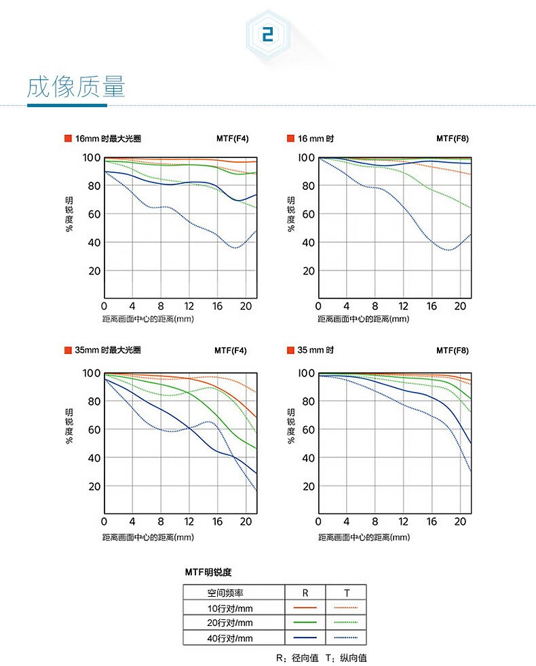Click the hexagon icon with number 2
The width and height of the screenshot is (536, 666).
(x=267, y=35)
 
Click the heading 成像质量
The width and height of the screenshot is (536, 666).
(x=76, y=88)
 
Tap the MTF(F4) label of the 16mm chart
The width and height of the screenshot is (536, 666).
(x=232, y=139)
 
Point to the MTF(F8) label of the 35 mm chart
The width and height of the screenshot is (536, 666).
(x=452, y=351)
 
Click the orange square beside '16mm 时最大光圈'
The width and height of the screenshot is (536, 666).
(x=67, y=139)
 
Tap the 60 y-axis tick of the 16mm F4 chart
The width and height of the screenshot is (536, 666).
(x=94, y=214)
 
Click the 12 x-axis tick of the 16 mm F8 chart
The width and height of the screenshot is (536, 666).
(x=403, y=306)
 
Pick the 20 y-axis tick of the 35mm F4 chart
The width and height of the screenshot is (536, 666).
(x=94, y=486)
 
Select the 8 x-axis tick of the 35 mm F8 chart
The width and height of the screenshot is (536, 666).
(x=375, y=522)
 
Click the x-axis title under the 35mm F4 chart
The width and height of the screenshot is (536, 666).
(x=148, y=537)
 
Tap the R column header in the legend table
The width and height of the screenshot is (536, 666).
(x=305, y=593)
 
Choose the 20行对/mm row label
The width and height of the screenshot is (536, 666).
(x=230, y=623)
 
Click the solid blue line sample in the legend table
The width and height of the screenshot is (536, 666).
(x=305, y=638)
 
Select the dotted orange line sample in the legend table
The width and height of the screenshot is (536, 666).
(x=347, y=608)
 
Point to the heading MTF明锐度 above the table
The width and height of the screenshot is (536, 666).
(x=208, y=572)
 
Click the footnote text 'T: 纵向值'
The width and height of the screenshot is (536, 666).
(x=347, y=658)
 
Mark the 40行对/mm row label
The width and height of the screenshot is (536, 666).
(x=230, y=638)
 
